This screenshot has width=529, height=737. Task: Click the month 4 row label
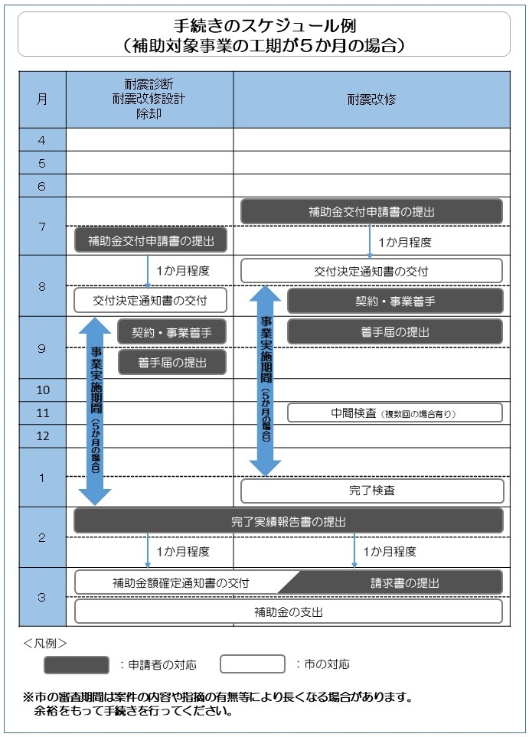point(42,140)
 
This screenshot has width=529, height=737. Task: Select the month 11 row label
point(43,413)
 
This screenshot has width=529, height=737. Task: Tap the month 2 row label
point(42,537)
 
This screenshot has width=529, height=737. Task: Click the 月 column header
point(42,99)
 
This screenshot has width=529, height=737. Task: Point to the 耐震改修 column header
point(371,99)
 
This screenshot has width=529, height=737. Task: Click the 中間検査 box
point(395,413)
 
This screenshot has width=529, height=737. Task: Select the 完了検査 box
point(372,491)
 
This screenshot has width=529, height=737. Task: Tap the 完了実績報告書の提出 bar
point(289,521)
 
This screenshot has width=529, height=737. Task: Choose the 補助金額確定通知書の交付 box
point(181,583)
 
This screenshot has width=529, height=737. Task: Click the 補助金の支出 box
point(289,612)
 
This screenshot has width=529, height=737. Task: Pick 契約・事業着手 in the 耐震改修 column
point(395,302)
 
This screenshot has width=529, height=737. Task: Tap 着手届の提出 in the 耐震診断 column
point(172,363)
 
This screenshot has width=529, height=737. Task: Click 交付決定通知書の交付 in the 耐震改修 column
point(371,271)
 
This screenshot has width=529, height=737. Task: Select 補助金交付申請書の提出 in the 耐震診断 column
point(151,240)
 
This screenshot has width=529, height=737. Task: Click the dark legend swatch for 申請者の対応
point(77,664)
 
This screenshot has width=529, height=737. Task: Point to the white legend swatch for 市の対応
point(253,664)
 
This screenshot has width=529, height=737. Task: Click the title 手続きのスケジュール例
point(264,25)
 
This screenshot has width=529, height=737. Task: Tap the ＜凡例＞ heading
point(44,643)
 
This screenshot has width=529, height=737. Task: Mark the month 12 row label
point(43,435)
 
